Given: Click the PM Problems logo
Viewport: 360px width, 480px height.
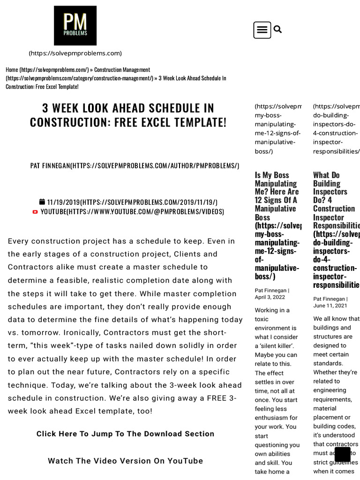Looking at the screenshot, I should pos(75,25).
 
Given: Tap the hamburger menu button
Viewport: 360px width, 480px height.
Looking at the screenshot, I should pos(262,30).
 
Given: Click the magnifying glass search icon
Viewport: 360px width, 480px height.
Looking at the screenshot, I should pos(277,30).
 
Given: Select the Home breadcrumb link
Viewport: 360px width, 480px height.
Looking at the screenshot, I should pos(12,70).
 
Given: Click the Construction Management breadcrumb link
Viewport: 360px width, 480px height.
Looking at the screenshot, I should pos(122,70).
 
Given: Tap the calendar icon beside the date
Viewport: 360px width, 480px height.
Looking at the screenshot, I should pos(42,202).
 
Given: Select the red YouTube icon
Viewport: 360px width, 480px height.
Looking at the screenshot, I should pos(35,212).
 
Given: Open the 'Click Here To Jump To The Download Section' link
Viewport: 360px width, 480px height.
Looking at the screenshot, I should pos(125,434).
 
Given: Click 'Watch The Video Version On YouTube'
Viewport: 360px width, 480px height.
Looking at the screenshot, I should pos(125,461).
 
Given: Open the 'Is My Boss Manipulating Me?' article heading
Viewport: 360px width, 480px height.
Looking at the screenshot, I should pos(277,195).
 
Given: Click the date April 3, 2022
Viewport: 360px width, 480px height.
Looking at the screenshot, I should pos(270,297).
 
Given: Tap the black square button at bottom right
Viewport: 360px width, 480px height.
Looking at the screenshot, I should pos(342,454).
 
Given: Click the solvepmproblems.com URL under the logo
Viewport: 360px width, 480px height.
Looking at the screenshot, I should pos(75,53).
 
